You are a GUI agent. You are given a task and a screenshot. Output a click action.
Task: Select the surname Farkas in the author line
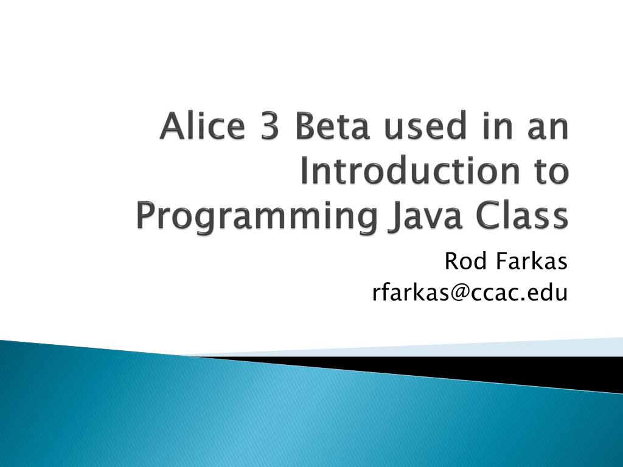[531, 263]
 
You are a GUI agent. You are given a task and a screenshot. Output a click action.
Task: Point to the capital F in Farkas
[502, 263]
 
